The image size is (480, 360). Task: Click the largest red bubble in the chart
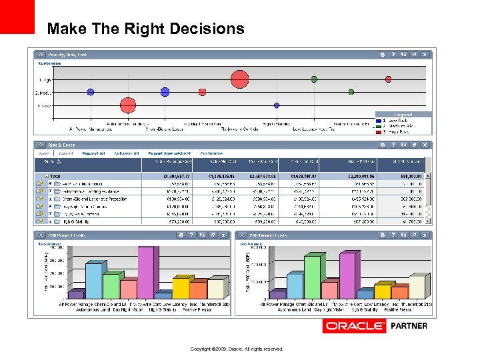pyautogui.click(x=240, y=80)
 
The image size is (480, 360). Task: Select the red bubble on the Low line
pyautogui.click(x=128, y=105)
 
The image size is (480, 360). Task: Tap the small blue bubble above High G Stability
pyautogui.click(x=277, y=105)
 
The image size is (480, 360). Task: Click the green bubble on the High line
pyautogui.click(x=314, y=79)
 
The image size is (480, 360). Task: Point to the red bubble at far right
pyautogui.click(x=388, y=79)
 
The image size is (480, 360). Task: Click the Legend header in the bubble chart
pyautogui.click(x=403, y=114)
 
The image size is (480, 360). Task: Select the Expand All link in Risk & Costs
pyautogui.click(x=93, y=153)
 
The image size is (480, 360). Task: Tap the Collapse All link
pyautogui.click(x=127, y=153)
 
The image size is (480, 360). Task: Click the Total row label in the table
pyautogui.click(x=56, y=176)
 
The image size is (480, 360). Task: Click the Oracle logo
pyautogui.click(x=354, y=326)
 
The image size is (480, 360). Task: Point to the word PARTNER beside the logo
pyautogui.click(x=409, y=326)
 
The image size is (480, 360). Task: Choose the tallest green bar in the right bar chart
pyautogui.click(x=312, y=277)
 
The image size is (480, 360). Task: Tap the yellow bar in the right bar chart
pyautogui.click(x=382, y=291)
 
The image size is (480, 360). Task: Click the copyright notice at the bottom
pyautogui.click(x=237, y=349)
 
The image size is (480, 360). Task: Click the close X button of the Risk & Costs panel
pyautogui.click(x=425, y=145)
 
